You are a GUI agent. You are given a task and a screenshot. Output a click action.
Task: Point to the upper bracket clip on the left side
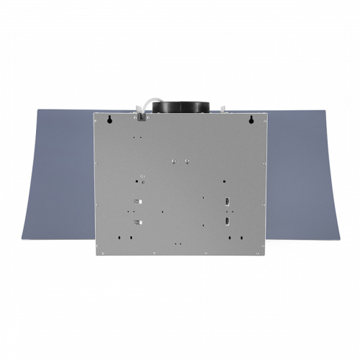click(x=138, y=203)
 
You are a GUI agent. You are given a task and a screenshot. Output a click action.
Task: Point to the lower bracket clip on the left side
click(x=138, y=222)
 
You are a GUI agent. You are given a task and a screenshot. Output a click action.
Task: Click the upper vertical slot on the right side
click(x=227, y=202)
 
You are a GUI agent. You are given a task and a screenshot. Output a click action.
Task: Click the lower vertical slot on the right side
click(x=227, y=221)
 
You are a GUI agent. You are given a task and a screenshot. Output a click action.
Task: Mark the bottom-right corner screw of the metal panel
click(x=264, y=252)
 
